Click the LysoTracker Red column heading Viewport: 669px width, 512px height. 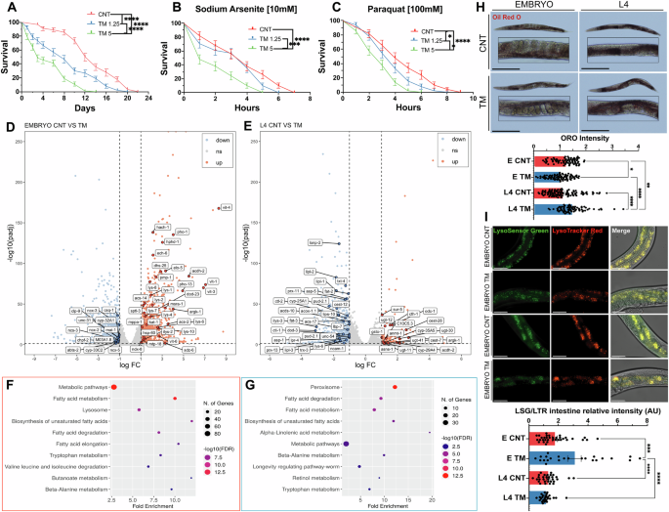pos(579,232)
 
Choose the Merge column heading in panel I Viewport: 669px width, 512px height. pos(634,232)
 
